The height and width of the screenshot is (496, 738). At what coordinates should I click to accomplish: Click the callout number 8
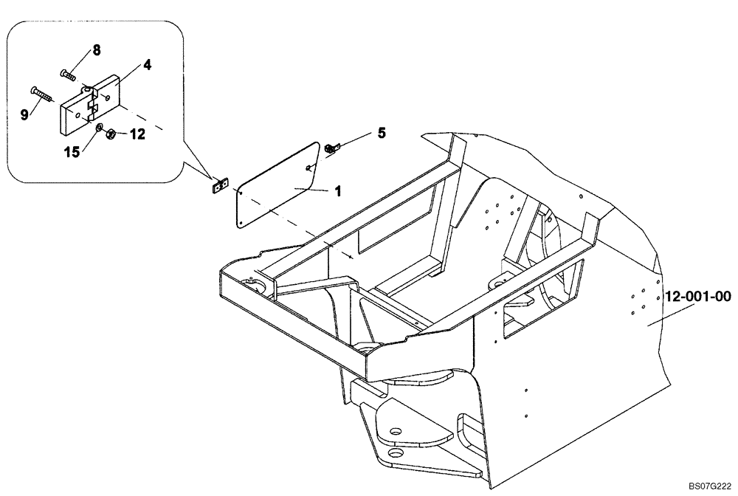click(x=96, y=50)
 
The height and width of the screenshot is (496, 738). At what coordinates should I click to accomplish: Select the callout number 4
click(x=148, y=65)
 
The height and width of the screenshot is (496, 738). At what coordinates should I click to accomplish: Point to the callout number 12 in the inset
click(x=138, y=134)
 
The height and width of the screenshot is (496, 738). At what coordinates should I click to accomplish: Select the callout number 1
click(x=338, y=190)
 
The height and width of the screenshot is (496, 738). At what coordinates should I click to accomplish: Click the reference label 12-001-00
click(x=697, y=297)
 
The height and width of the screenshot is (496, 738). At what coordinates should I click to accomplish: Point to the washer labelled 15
click(x=99, y=128)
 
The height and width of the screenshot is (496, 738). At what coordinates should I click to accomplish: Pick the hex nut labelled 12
click(x=110, y=134)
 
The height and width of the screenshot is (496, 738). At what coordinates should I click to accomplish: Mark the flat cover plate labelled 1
click(x=277, y=185)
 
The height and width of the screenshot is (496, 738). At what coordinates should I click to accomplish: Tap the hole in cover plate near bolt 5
click(x=308, y=167)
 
